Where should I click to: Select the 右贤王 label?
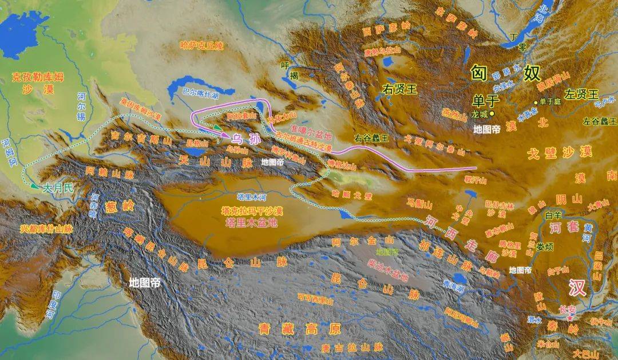[x=401, y=89]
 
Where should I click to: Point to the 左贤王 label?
[x=580, y=93]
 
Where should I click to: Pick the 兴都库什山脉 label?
[x=46, y=228]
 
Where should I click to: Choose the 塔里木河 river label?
[x=252, y=197]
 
